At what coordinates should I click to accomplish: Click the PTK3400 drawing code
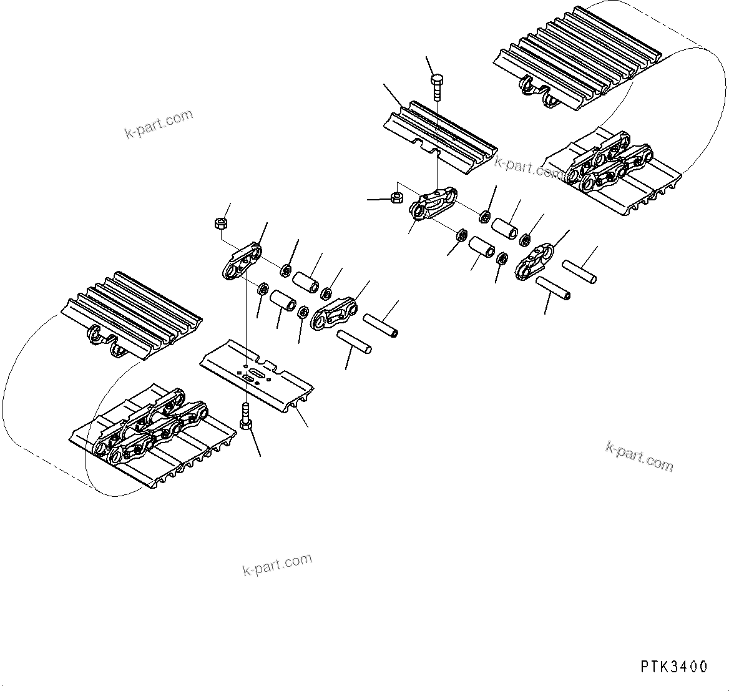point(674,667)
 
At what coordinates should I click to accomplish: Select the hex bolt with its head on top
point(437,87)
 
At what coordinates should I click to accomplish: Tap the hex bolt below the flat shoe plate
point(246,417)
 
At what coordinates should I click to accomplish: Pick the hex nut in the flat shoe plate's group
point(220,222)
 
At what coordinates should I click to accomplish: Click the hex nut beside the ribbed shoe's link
point(395,198)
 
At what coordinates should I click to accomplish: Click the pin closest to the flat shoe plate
point(354,342)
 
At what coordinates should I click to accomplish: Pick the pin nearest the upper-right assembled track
point(579,271)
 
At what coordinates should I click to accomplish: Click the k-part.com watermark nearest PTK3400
point(640,456)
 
